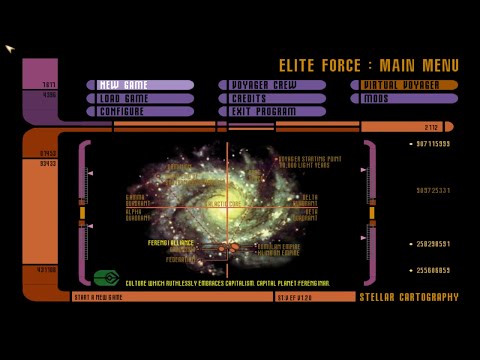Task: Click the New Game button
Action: pyautogui.click(x=140, y=85)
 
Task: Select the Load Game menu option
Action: pyautogui.click(x=140, y=98)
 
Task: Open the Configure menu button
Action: pyautogui.click(x=140, y=111)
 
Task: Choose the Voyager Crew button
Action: pyautogui.click(x=272, y=85)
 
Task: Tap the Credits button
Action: pyautogui.click(x=272, y=98)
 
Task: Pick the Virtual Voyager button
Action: pyautogui.click(x=404, y=85)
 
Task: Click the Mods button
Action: pyautogui.click(x=404, y=98)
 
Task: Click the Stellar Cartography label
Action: pyautogui.click(x=408, y=297)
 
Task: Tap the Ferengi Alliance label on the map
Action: pyautogui.click(x=171, y=243)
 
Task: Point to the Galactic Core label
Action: pyautogui.click(x=222, y=203)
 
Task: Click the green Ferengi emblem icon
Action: pyautogui.click(x=106, y=277)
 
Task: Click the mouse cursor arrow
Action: pyautogui.click(x=9, y=47)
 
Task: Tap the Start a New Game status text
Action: pyautogui.click(x=97, y=297)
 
